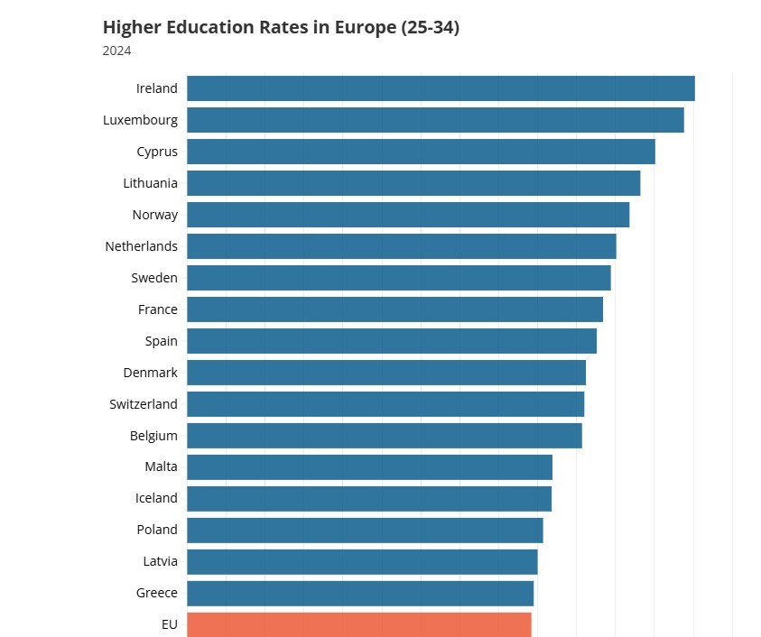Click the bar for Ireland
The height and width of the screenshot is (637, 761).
pyautogui.click(x=441, y=88)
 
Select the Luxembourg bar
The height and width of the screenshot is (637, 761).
pyautogui.click(x=435, y=120)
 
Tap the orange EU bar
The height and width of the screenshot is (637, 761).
pyautogui.click(x=359, y=624)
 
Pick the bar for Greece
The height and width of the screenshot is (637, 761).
pyautogui.click(x=360, y=593)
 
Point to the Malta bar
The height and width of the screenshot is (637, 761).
pyautogui.click(x=369, y=466)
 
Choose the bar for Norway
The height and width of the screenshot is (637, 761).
pyautogui.click(x=408, y=215)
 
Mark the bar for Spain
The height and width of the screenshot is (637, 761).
pyautogui.click(x=392, y=341)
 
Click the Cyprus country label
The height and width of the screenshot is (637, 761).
pyautogui.click(x=157, y=152)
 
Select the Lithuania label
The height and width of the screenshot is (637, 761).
pyautogui.click(x=151, y=183)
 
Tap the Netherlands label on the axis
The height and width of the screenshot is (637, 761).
pyautogui.click(x=142, y=246)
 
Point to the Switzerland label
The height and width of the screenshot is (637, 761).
pyautogui.click(x=144, y=404)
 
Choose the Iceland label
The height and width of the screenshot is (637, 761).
pyautogui.click(x=157, y=498)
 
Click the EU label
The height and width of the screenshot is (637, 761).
pyautogui.click(x=170, y=624)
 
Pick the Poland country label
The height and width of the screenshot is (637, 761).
pyautogui.click(x=157, y=530)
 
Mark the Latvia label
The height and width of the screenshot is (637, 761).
pyautogui.click(x=161, y=561)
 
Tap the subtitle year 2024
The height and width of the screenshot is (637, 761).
pyautogui.click(x=117, y=51)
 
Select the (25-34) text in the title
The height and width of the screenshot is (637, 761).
pyautogui.click(x=430, y=27)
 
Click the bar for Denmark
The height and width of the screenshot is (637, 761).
pyautogui.click(x=386, y=373)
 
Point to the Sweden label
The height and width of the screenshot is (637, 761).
pyautogui.click(x=154, y=278)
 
